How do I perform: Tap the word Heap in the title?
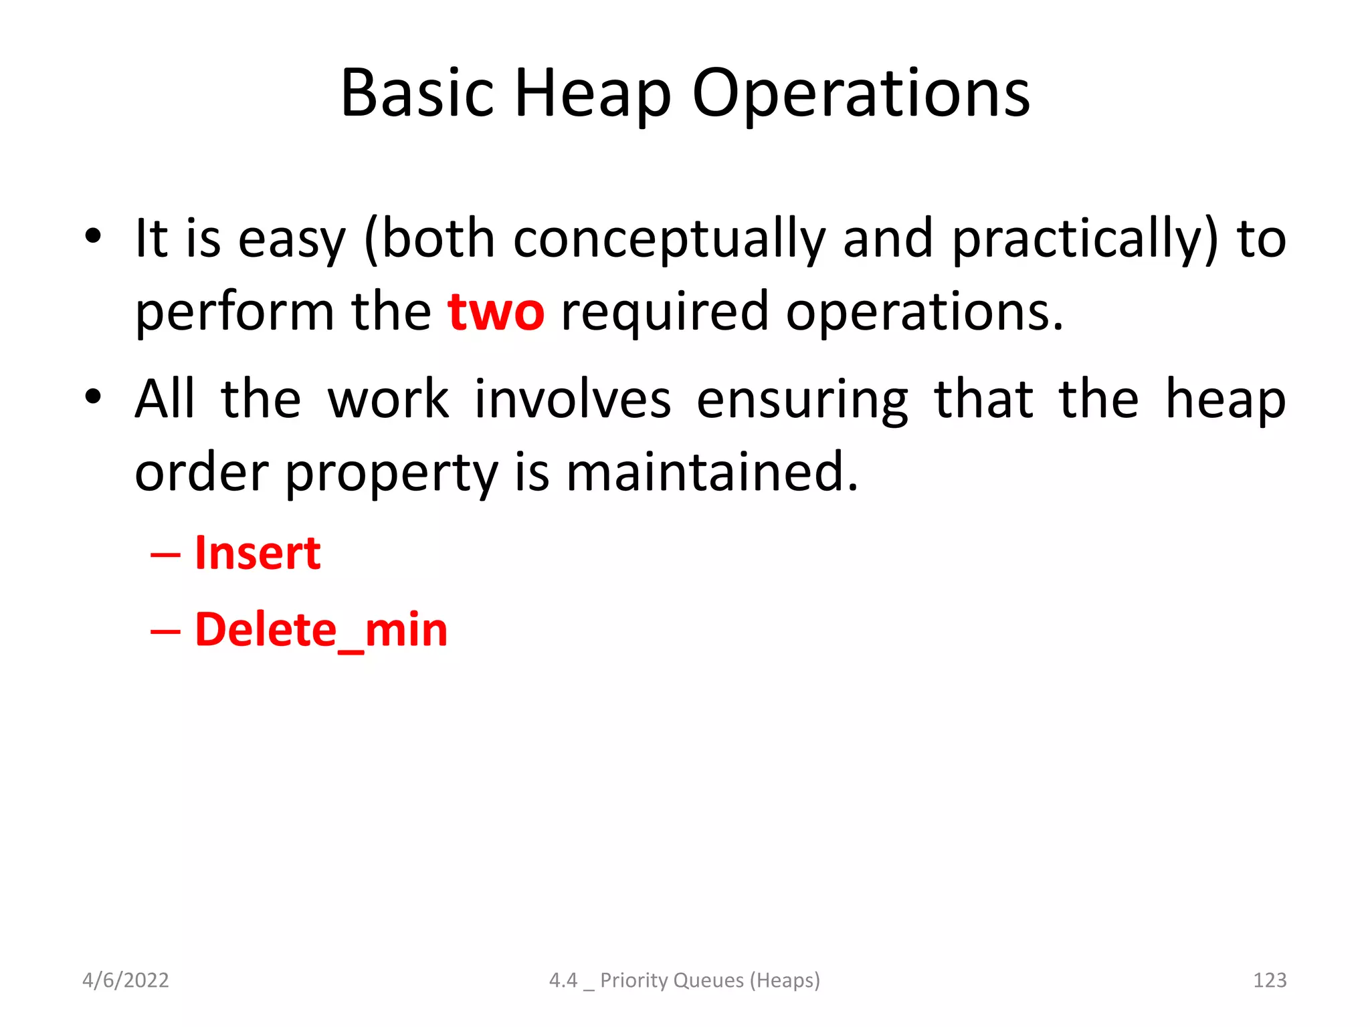pos(592,94)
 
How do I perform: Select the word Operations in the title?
pos(860,94)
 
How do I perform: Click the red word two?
pos(496,312)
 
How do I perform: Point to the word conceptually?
pos(670,239)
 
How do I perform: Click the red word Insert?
pos(258,554)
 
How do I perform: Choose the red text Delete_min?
pos(321,630)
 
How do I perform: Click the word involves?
pos(573,400)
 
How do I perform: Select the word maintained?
pos(712,472)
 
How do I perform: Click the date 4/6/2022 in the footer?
pos(125,980)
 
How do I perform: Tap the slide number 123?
pos(1269,980)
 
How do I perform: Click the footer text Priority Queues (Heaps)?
pos(710,980)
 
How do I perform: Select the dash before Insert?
pos(165,555)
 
